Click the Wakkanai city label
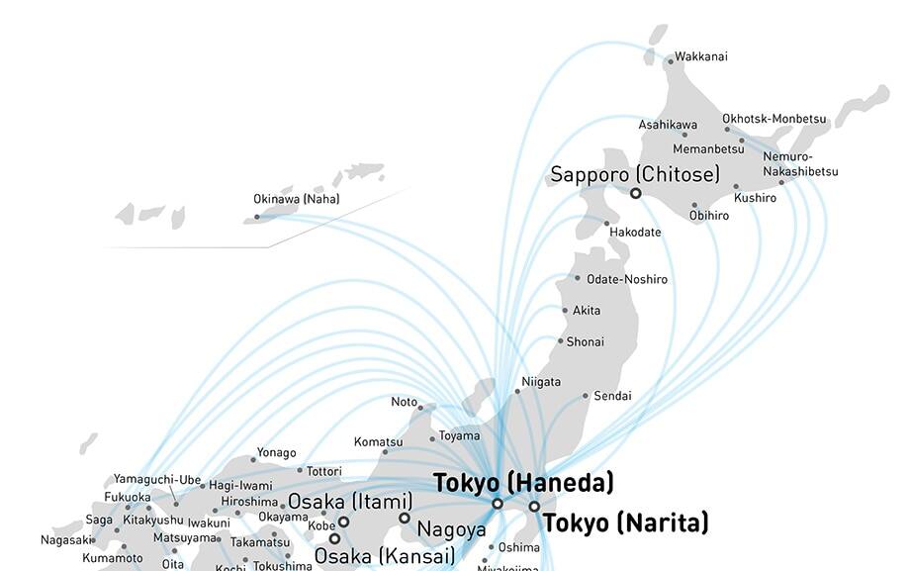pyautogui.click(x=700, y=56)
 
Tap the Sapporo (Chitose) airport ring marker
pyautogui.click(x=635, y=194)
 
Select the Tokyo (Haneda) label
pyautogui.click(x=523, y=483)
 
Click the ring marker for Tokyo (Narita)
pyautogui.click(x=534, y=507)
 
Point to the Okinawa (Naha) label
pyautogui.click(x=296, y=199)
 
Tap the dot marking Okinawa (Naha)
pyautogui.click(x=257, y=217)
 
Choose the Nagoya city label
pyautogui.click(x=451, y=528)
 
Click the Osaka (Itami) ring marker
pyautogui.click(x=344, y=522)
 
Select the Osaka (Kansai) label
pyautogui.click(x=384, y=556)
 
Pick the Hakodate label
pyautogui.click(x=635, y=232)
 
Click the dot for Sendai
pyautogui.click(x=586, y=396)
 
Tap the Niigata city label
pyautogui.click(x=541, y=381)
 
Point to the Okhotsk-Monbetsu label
pyautogui.click(x=773, y=119)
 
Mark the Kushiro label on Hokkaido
pyautogui.click(x=755, y=198)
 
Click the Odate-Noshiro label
pyautogui.click(x=626, y=279)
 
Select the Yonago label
pyautogui.click(x=276, y=452)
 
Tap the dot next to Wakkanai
pyautogui.click(x=670, y=61)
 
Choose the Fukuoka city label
pyautogui.click(x=128, y=497)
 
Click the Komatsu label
pyautogui.click(x=378, y=441)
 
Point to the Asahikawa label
pyautogui.click(x=668, y=125)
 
